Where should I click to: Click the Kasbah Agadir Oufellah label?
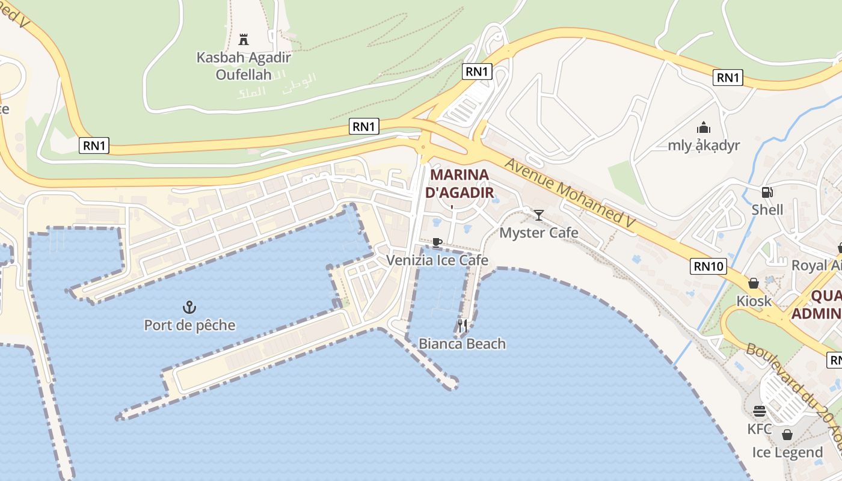coord(244,66)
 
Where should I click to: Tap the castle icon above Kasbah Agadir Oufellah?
coord(244,40)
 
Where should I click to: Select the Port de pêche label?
coord(189,325)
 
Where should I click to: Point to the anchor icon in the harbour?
coord(189,308)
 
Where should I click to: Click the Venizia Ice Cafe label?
coord(437,260)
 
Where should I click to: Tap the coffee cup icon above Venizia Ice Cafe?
coord(437,242)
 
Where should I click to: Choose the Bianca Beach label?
coord(462,344)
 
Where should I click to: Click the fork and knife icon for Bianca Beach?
coord(462,326)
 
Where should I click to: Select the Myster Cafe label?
coord(539,233)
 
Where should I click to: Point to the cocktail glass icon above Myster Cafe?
coord(539,215)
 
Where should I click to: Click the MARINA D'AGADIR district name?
coord(459,184)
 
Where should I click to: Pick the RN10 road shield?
coord(708,266)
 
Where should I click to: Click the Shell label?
coord(767,210)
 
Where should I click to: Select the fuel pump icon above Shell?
coord(767,192)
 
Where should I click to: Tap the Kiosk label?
coord(754,301)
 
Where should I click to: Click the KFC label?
coord(760,429)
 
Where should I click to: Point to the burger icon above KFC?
coord(760,411)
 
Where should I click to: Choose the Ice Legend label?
coord(787,452)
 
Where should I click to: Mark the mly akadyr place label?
coord(704,146)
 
